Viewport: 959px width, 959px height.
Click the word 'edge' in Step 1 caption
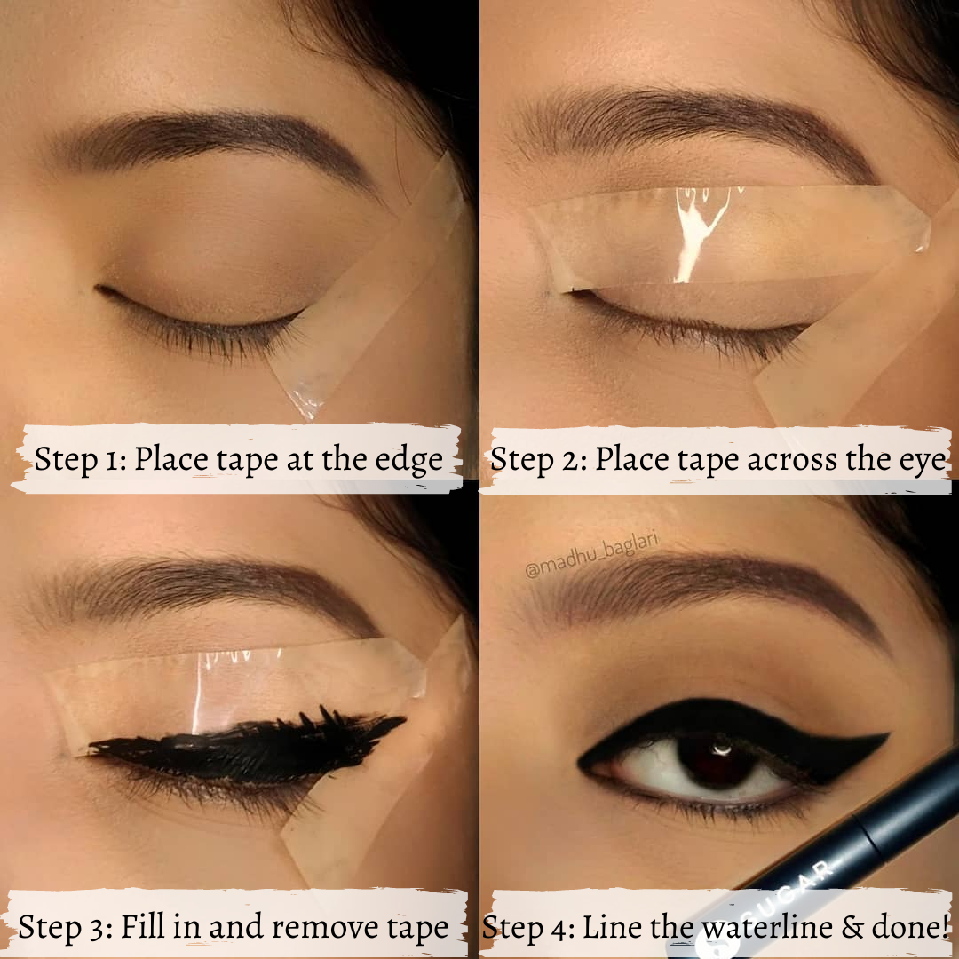click(x=409, y=459)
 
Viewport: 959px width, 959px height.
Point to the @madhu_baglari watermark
click(x=591, y=555)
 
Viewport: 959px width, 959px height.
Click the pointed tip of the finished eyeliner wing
click(x=888, y=734)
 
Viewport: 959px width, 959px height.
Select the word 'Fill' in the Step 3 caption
click(x=142, y=926)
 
